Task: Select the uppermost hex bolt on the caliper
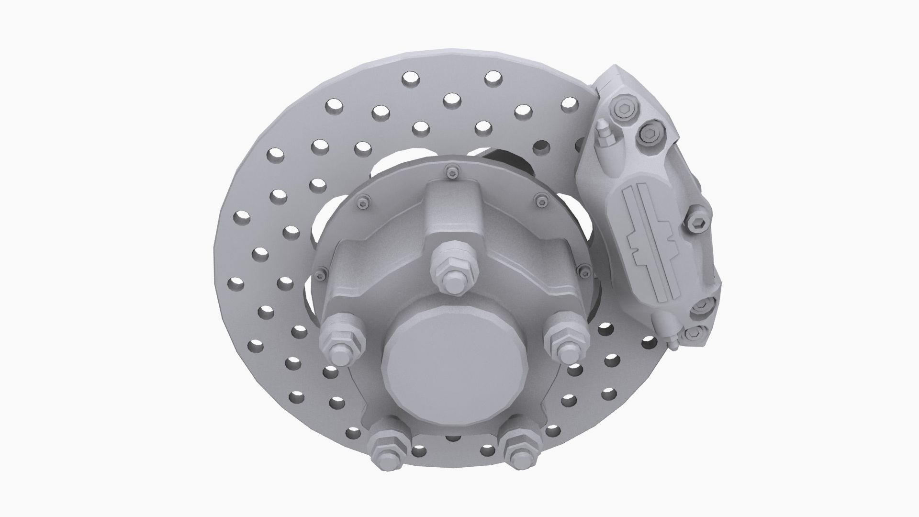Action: pos(623,111)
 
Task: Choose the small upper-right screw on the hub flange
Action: pos(541,198)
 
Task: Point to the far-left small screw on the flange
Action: pos(319,274)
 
